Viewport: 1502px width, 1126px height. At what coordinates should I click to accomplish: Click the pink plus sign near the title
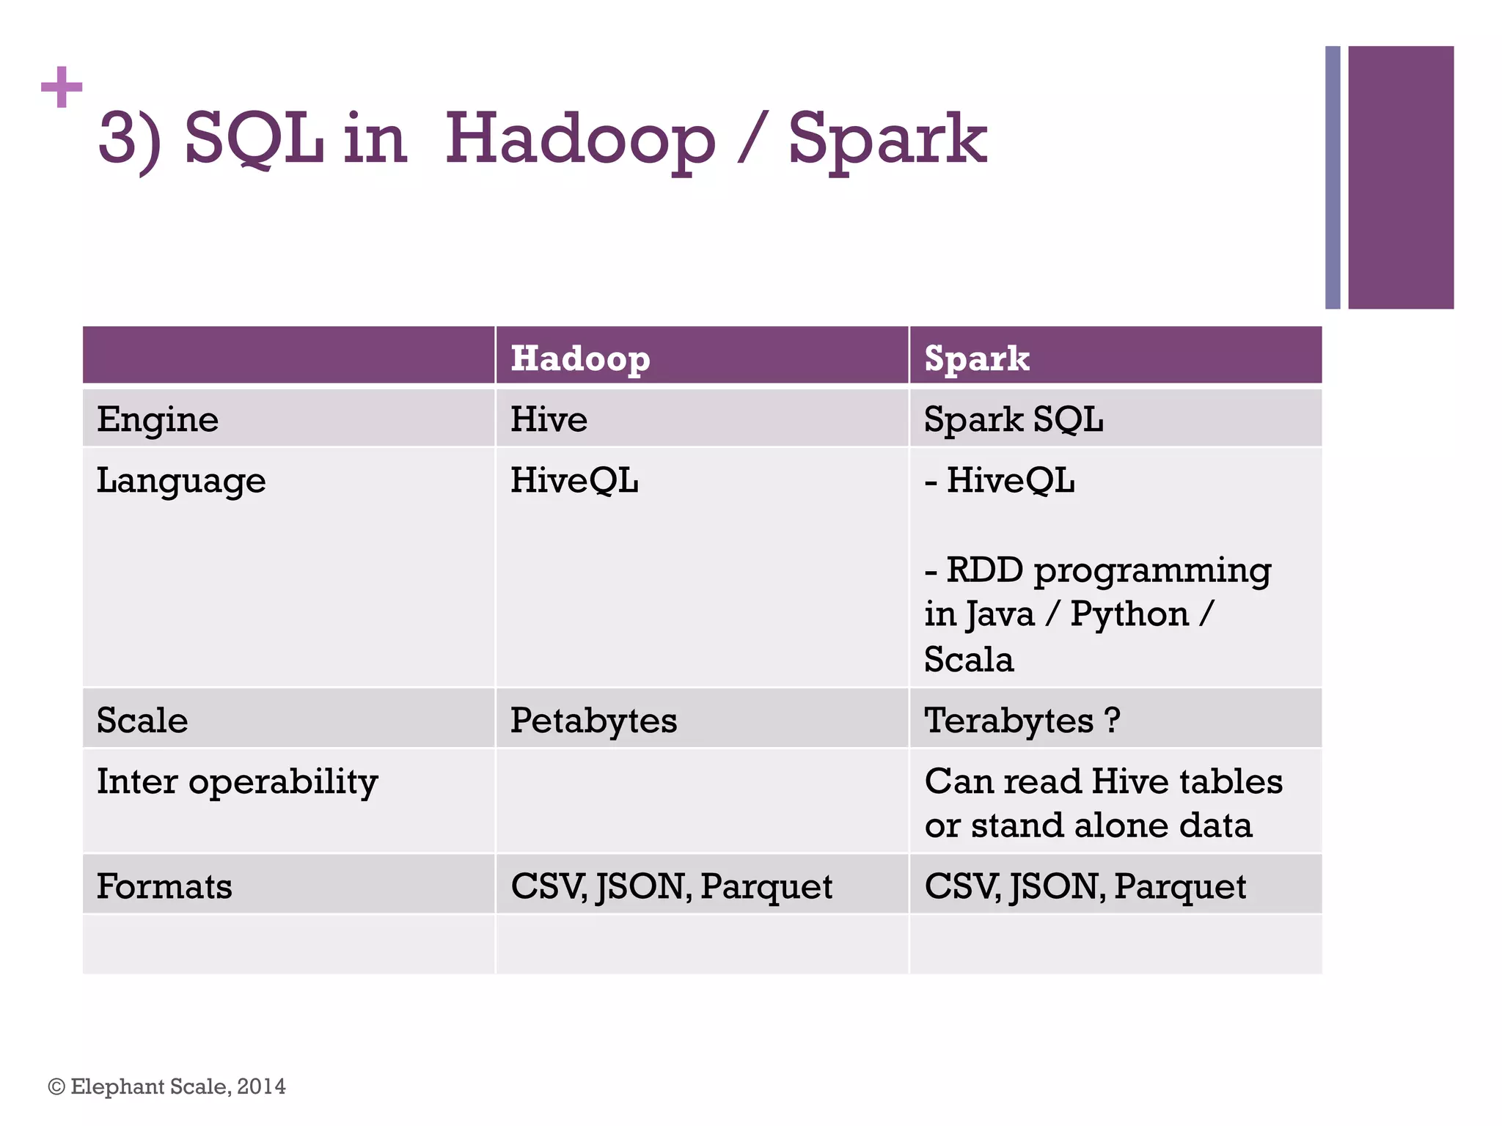62,87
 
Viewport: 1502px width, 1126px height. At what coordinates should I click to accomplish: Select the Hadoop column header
580,358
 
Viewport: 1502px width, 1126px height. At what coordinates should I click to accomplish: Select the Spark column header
976,358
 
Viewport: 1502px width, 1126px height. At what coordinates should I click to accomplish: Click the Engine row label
158,420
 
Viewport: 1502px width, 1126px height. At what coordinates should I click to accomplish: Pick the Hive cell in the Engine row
549,420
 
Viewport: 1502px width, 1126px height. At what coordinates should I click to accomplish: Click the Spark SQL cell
1014,420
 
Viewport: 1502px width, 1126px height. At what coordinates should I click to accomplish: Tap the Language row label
181,482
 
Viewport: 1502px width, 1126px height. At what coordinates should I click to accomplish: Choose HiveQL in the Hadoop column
574,481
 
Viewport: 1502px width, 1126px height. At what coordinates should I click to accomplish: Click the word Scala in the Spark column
969,659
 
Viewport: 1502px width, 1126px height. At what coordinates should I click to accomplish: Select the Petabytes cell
593,720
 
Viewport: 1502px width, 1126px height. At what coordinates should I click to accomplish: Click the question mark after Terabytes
1112,720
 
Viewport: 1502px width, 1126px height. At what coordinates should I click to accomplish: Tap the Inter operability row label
237,781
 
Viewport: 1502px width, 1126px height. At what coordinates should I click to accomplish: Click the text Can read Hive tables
1103,781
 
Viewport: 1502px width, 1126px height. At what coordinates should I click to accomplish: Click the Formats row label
164,886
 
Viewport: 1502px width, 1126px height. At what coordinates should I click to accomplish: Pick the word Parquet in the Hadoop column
766,886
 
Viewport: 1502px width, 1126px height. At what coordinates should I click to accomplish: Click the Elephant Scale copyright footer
167,1086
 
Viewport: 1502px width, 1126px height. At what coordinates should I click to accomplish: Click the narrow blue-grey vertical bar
1333,177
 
